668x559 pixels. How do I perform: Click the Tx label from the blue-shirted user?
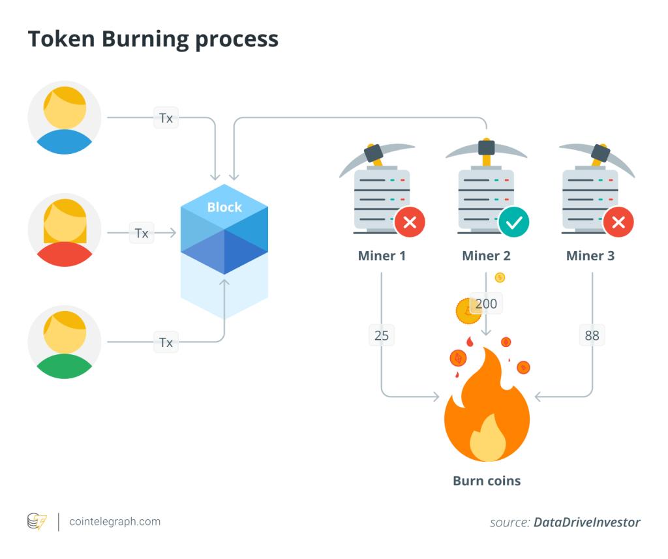pyautogui.click(x=166, y=118)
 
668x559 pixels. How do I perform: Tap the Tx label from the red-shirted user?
pyautogui.click(x=142, y=233)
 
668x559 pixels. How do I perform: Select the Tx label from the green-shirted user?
pyautogui.click(x=166, y=342)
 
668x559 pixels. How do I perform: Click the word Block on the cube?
pyautogui.click(x=224, y=207)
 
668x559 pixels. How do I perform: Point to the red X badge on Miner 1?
pyautogui.click(x=410, y=222)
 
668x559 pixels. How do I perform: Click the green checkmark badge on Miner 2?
pyautogui.click(x=514, y=222)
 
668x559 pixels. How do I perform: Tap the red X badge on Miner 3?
pyautogui.click(x=618, y=222)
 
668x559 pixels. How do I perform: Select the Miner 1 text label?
pyautogui.click(x=382, y=256)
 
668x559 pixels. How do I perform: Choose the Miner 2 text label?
pyautogui.click(x=486, y=256)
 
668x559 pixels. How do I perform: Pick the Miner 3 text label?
pyautogui.click(x=590, y=256)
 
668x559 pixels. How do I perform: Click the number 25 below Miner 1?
pyautogui.click(x=381, y=336)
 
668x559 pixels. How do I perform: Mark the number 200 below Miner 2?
pyautogui.click(x=487, y=303)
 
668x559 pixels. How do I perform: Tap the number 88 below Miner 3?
pyautogui.click(x=592, y=336)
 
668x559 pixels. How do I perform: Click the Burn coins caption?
pyautogui.click(x=487, y=481)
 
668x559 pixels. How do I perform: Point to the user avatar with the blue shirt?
pyautogui.click(x=65, y=118)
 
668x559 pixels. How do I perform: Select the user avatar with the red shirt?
pyautogui.click(x=65, y=230)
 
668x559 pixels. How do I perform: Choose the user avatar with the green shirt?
pyautogui.click(x=65, y=342)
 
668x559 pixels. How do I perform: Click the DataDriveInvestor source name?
pyautogui.click(x=586, y=522)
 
